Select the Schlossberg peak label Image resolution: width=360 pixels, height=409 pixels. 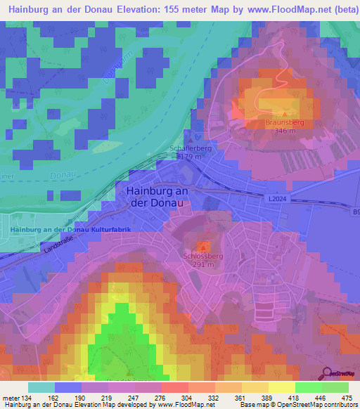[202, 257]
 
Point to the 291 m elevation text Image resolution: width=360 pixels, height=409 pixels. [202, 265]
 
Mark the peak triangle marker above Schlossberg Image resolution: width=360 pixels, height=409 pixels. [203, 247]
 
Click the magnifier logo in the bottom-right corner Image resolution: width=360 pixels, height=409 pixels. [328, 372]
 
